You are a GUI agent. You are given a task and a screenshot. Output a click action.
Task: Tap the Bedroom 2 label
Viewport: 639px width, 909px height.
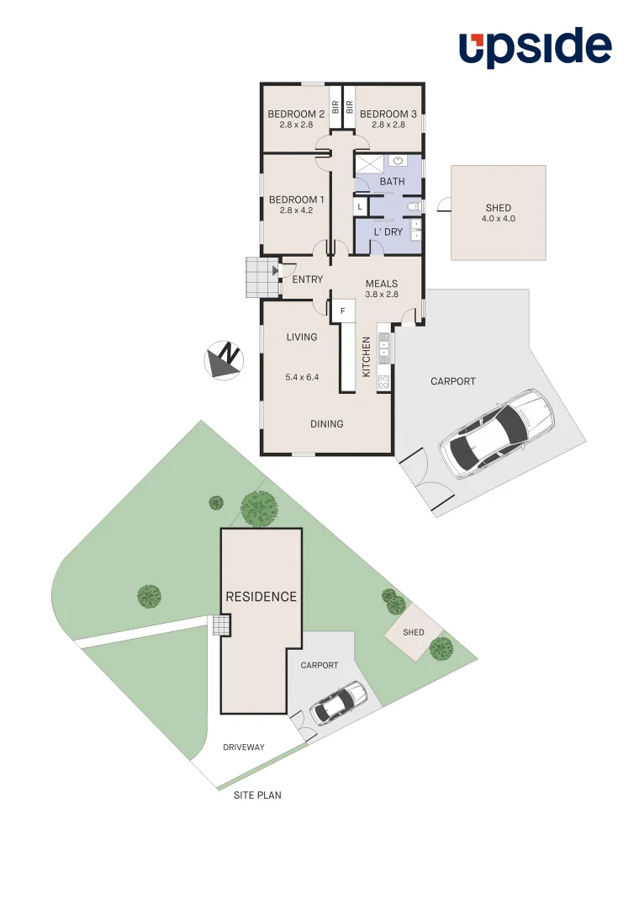pos(296,114)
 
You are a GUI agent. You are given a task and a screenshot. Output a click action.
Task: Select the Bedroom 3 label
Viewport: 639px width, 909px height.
pos(388,114)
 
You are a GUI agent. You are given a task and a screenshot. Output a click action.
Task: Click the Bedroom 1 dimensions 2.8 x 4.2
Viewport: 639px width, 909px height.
pos(296,210)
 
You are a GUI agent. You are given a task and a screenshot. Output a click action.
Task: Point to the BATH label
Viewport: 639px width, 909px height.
pos(392,182)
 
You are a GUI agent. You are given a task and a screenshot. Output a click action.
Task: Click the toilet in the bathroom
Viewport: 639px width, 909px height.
pos(413,206)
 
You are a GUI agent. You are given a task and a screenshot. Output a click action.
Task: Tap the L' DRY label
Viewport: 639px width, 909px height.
pos(388,231)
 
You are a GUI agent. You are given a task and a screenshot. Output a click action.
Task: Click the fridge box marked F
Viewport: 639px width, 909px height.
pos(342,311)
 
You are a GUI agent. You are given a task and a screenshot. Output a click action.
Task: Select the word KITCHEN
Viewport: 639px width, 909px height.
pos(367,357)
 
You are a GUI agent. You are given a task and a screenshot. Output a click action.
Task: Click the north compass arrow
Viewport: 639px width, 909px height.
pos(224,359)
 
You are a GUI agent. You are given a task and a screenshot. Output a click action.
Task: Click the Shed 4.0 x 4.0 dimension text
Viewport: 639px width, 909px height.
pos(498,219)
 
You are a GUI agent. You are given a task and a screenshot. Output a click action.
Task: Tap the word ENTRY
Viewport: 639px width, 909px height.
pos(308,279)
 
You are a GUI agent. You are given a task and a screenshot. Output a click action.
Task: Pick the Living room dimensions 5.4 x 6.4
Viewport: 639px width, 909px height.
pos(302,377)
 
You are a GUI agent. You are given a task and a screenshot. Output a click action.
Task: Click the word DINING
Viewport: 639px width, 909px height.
pos(326,424)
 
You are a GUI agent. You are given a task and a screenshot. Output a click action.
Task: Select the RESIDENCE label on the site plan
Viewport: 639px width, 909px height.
pos(261,597)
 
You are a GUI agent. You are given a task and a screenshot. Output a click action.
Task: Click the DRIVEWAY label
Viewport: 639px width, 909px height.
pos(244,747)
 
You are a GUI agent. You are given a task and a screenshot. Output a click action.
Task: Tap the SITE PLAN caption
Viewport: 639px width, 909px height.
pos(257,795)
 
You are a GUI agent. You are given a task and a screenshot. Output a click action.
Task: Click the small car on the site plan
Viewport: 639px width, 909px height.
pos(339,703)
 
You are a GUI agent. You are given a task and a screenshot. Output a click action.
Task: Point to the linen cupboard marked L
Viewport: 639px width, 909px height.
pos(360,206)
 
